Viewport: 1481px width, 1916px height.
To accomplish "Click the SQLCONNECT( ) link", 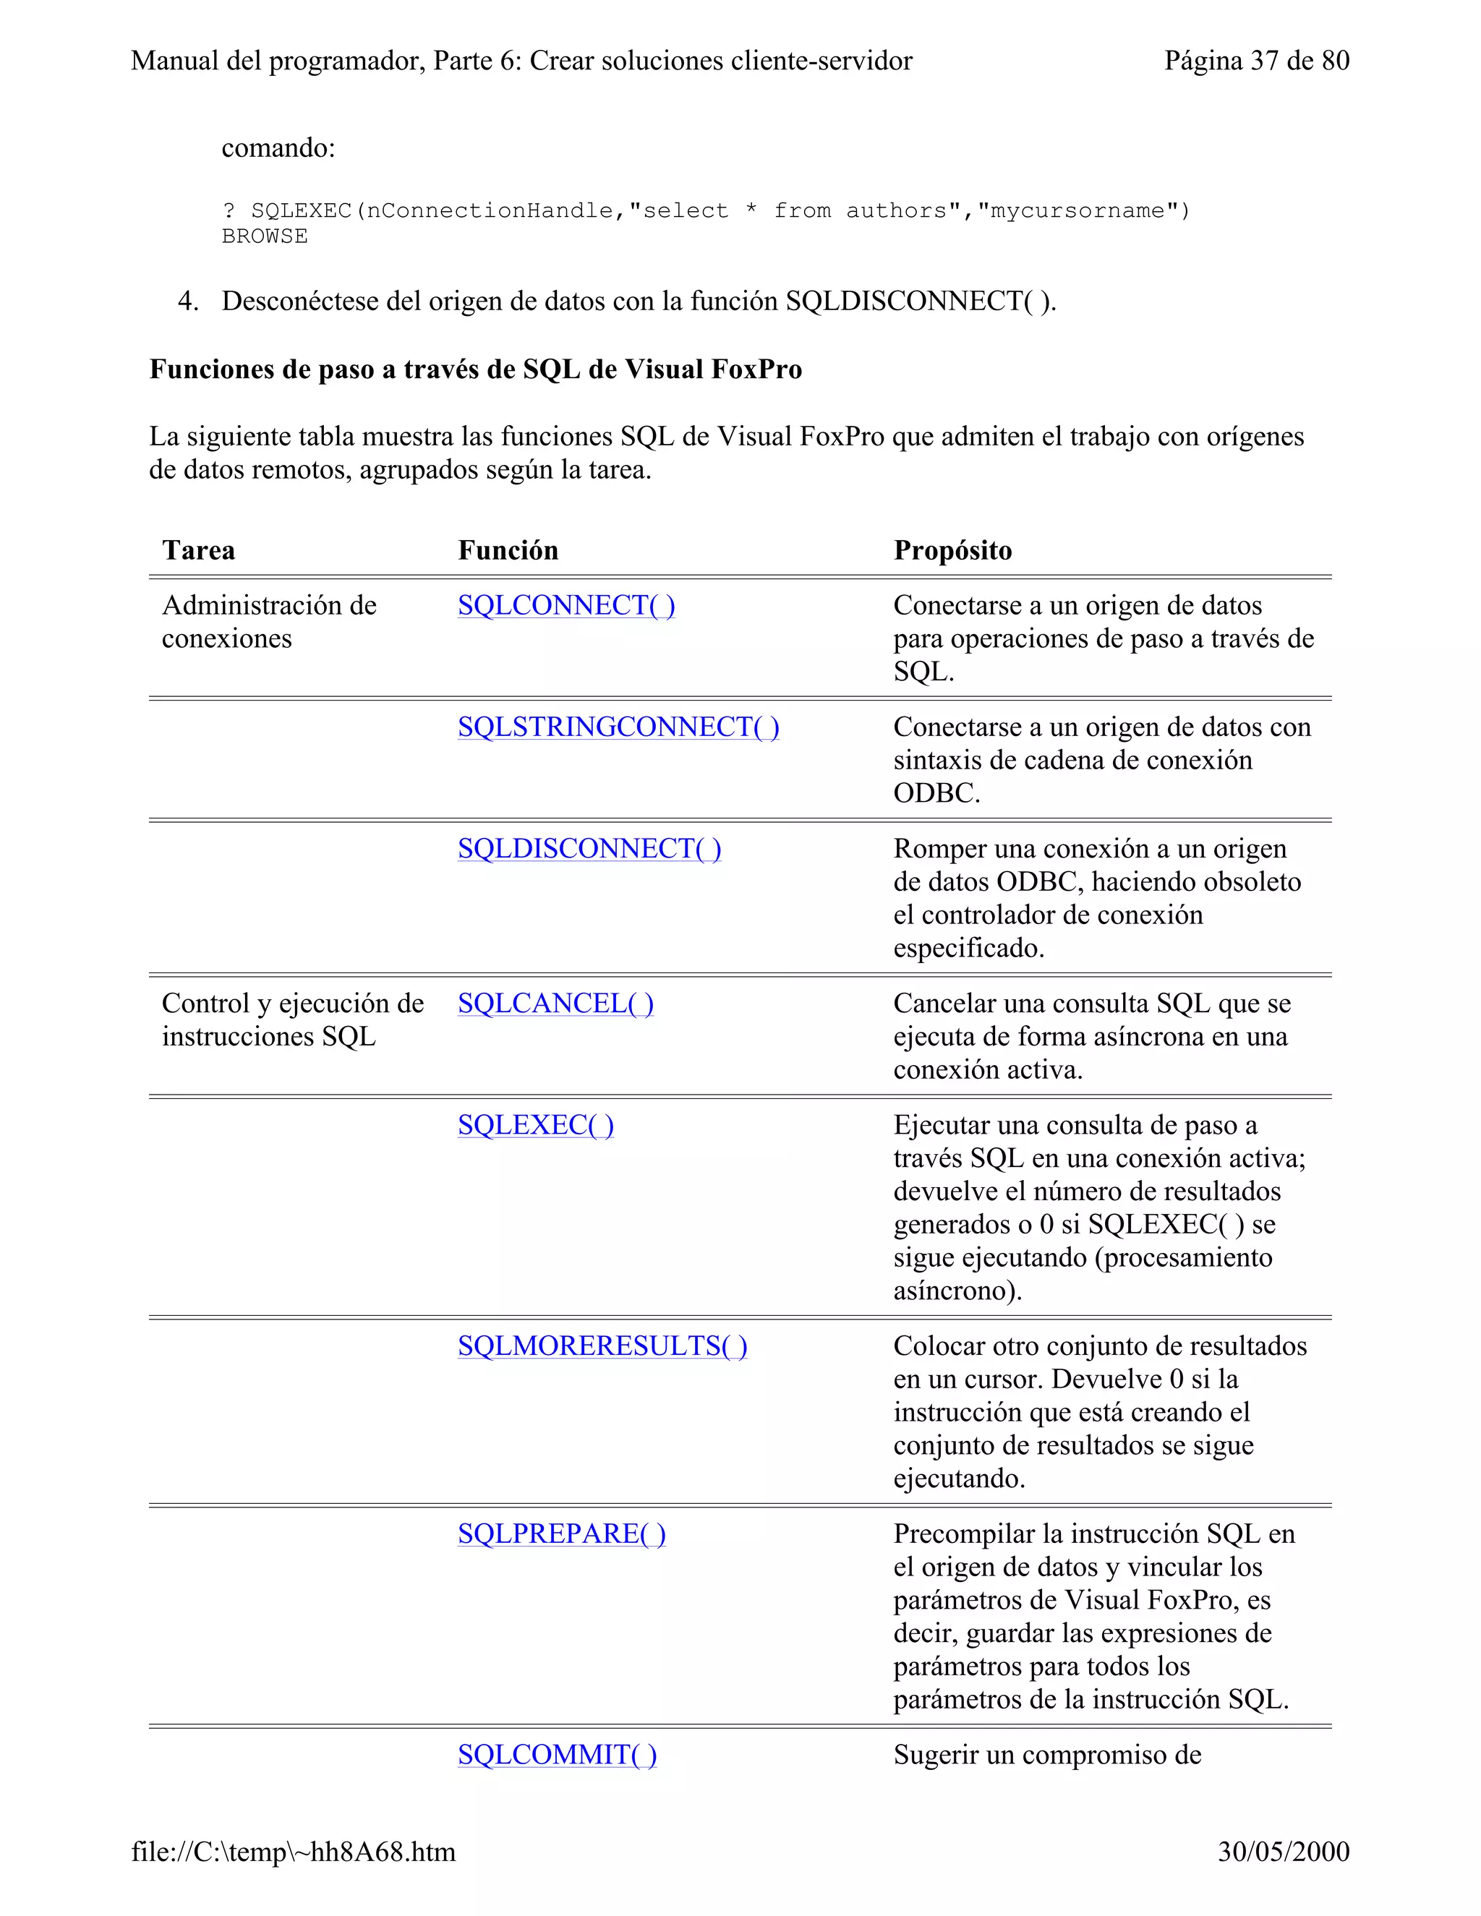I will (566, 605).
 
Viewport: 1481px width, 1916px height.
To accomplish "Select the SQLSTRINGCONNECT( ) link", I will (618, 727).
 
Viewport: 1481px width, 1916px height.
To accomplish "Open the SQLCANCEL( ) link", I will (555, 1003).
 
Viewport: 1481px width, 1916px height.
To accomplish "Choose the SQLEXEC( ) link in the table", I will (535, 1125).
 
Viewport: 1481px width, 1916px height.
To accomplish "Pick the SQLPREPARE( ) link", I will (561, 1534).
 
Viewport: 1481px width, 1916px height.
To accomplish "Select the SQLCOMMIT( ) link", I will (556, 1755).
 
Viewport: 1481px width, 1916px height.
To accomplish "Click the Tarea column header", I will (198, 551).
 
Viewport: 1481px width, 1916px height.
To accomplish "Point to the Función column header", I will (508, 551).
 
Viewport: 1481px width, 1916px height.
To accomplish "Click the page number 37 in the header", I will (1263, 61).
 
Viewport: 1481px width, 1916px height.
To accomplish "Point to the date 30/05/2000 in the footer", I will (1283, 1852).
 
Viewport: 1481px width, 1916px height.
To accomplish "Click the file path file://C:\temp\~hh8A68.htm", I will (293, 1852).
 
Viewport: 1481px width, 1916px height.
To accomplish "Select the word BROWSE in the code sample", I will (264, 237).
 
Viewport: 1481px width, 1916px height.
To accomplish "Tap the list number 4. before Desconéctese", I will (188, 301).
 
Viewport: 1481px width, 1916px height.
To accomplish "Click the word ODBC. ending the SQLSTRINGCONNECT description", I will (936, 794).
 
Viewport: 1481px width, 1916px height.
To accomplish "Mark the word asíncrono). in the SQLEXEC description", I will (957, 1291).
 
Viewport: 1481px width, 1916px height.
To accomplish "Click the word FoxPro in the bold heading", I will (756, 369).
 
